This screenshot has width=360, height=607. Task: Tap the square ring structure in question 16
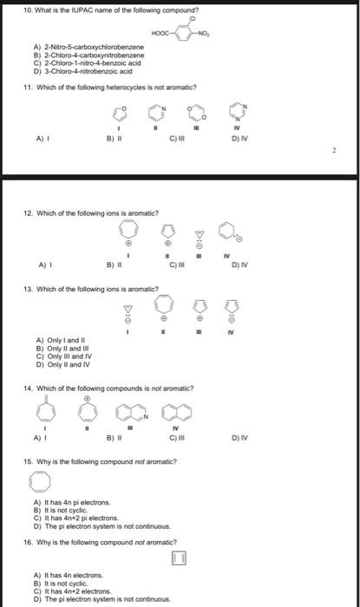tap(180, 556)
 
